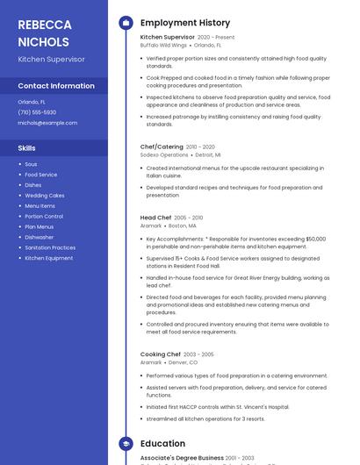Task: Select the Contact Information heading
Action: [56, 86]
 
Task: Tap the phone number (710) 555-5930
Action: [37, 112]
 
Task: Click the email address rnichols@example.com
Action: [47, 123]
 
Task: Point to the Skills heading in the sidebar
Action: [27, 148]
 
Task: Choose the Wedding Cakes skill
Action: [45, 196]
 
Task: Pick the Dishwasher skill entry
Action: [40, 237]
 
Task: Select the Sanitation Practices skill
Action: [50, 247]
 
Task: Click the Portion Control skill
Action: [44, 216]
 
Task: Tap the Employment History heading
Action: [185, 23]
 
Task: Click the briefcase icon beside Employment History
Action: [125, 23]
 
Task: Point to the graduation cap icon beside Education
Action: [125, 444]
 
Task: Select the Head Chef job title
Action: [155, 218]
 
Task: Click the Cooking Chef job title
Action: [161, 354]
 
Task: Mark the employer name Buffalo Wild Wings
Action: [163, 45]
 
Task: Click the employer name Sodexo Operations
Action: [164, 154]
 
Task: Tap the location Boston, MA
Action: [180, 225]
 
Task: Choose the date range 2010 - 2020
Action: [200, 147]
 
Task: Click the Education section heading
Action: [162, 444]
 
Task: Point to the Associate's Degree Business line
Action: [182, 458]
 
